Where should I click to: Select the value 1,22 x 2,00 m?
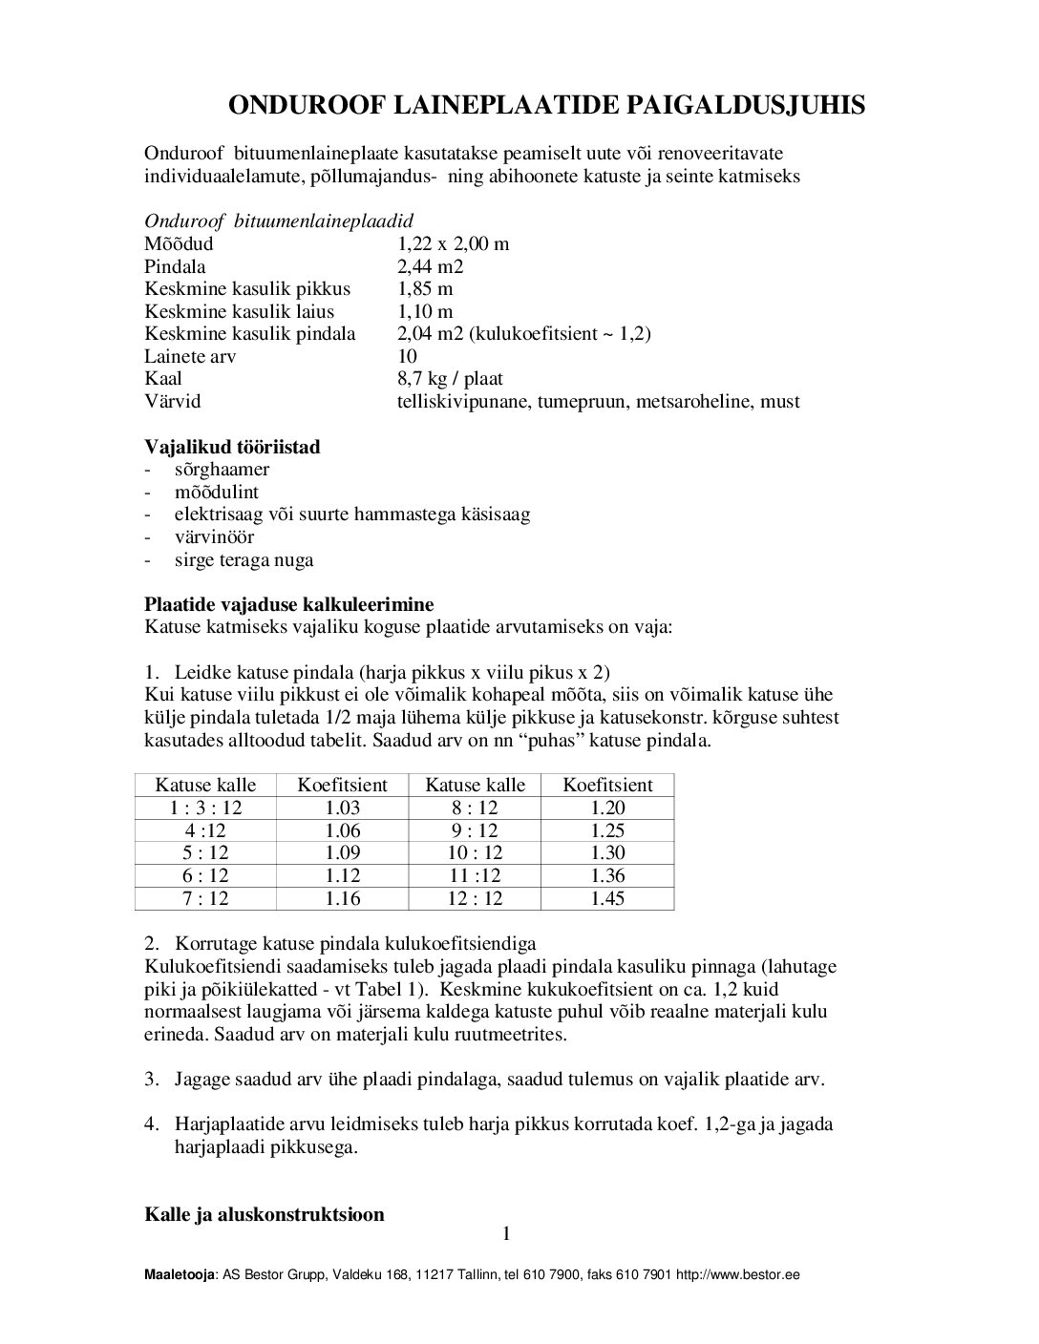453,243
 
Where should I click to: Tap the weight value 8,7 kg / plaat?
449,379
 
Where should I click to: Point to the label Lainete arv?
190,356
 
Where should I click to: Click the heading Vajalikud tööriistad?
232,447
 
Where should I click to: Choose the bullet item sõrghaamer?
222,469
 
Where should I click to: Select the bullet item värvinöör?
214,536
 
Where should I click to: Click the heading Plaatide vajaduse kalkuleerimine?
288,604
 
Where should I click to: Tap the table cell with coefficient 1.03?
342,808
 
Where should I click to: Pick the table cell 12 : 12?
475,898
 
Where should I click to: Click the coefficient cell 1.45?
607,898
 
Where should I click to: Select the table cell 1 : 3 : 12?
205,808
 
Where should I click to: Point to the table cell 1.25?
607,830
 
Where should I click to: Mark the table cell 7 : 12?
205,898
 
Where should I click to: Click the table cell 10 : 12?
475,852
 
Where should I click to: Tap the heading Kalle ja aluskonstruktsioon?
264,1214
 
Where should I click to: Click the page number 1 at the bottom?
506,1234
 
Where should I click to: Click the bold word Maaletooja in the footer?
180,1275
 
